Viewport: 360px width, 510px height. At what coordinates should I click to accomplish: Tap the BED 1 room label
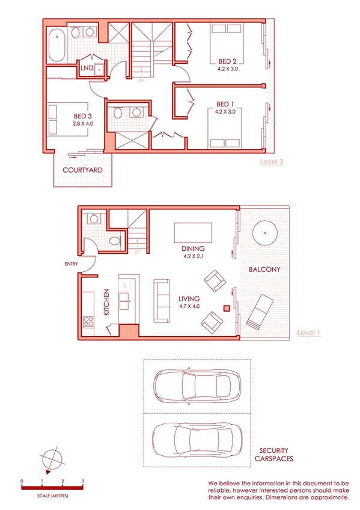pyautogui.click(x=225, y=103)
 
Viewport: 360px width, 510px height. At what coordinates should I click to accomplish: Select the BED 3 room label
pyautogui.click(x=84, y=116)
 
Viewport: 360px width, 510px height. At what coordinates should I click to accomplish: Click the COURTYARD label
pyautogui.click(x=82, y=170)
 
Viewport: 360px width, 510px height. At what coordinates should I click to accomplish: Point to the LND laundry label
pyautogui.click(x=87, y=69)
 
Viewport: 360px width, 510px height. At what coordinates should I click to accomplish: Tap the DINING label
pyautogui.click(x=193, y=248)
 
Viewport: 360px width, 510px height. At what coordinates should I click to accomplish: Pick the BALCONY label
pyautogui.click(x=264, y=270)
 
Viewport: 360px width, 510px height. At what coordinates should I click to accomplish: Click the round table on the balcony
pyautogui.click(x=264, y=231)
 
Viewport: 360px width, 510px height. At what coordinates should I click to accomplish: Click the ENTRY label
pyautogui.click(x=72, y=263)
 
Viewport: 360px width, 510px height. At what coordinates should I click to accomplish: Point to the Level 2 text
pyautogui.click(x=271, y=161)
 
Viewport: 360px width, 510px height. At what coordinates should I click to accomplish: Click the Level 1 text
pyautogui.click(x=308, y=332)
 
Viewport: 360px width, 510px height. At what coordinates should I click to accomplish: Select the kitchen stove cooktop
pyautogui.click(x=89, y=322)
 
